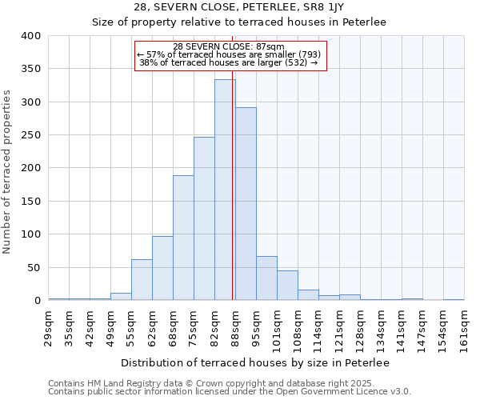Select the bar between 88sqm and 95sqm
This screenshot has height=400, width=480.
[246, 204]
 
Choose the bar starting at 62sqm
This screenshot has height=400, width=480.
[162, 268]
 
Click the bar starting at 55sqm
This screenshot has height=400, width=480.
[142, 280]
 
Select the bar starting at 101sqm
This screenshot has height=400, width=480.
[287, 286]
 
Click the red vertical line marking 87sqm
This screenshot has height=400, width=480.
[232, 160]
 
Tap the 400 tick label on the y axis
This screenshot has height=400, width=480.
[30, 36]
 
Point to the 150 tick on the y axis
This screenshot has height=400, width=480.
[30, 202]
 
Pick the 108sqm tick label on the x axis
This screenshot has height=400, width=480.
[298, 328]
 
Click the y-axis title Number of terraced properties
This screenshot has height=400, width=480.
[8, 171]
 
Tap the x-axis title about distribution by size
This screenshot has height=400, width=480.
[254, 362]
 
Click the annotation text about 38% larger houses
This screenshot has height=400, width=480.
[229, 62]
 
